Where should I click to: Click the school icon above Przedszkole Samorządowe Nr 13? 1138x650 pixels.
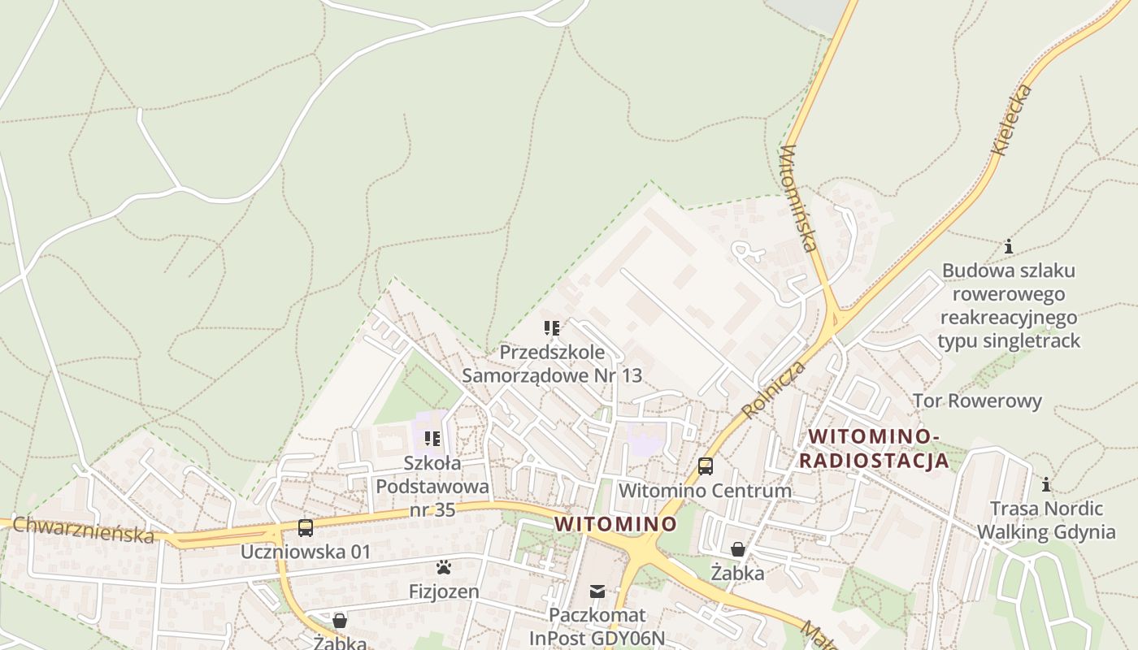point(552,328)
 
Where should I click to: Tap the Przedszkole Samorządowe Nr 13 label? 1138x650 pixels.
point(552,364)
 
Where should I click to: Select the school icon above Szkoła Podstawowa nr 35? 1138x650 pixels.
point(432,439)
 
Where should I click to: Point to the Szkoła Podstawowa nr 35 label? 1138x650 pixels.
point(432,486)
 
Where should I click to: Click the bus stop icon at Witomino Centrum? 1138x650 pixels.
point(706,466)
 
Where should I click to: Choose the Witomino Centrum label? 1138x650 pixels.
point(705,491)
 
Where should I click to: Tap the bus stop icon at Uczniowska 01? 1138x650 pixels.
point(306,528)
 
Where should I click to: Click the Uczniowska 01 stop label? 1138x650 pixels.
point(306,552)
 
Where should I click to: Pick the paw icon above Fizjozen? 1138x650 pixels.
point(444,567)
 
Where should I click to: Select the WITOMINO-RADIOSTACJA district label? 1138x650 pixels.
point(875,448)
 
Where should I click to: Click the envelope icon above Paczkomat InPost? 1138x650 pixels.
point(597,591)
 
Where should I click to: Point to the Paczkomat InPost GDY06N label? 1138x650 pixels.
point(597,626)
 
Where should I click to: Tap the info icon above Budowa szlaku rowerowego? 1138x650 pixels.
point(1009,246)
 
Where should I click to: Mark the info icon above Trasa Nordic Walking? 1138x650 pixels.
point(1046,485)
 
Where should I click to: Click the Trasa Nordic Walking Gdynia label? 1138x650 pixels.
point(1046,521)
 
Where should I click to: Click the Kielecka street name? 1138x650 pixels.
point(1012,119)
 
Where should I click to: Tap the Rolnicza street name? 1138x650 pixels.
point(774,390)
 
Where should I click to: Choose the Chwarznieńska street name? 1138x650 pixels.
point(83,529)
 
